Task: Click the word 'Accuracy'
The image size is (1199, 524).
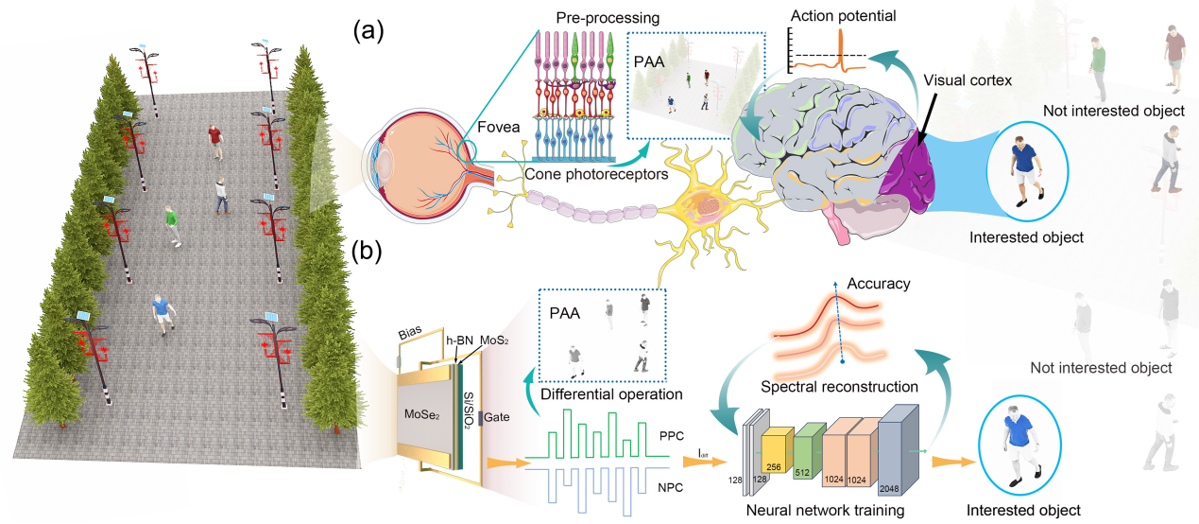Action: point(878,284)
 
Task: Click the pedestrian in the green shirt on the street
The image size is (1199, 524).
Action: point(171,222)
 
